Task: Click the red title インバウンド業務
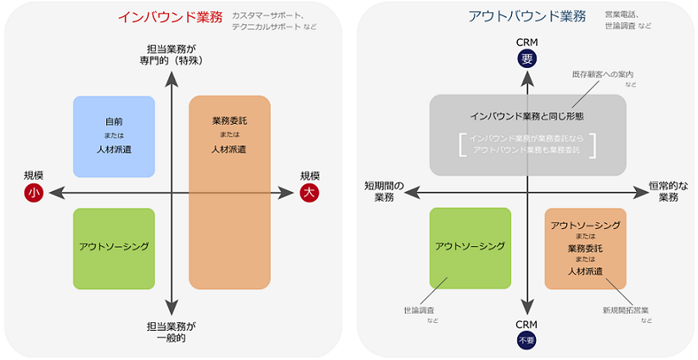click(170, 16)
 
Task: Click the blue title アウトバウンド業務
click(527, 16)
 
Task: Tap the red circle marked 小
click(34, 194)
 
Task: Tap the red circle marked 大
click(309, 194)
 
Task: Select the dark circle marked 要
click(527, 59)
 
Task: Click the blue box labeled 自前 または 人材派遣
click(114, 136)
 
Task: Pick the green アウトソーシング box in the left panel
click(114, 248)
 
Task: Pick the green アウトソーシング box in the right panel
click(470, 248)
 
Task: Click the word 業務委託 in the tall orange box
click(228, 121)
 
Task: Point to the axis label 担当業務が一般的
click(172, 332)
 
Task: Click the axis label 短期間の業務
click(384, 192)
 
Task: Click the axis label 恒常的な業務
click(668, 192)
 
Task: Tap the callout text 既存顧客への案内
click(602, 76)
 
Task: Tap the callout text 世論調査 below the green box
click(420, 309)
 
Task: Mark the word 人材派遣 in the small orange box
click(585, 272)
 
